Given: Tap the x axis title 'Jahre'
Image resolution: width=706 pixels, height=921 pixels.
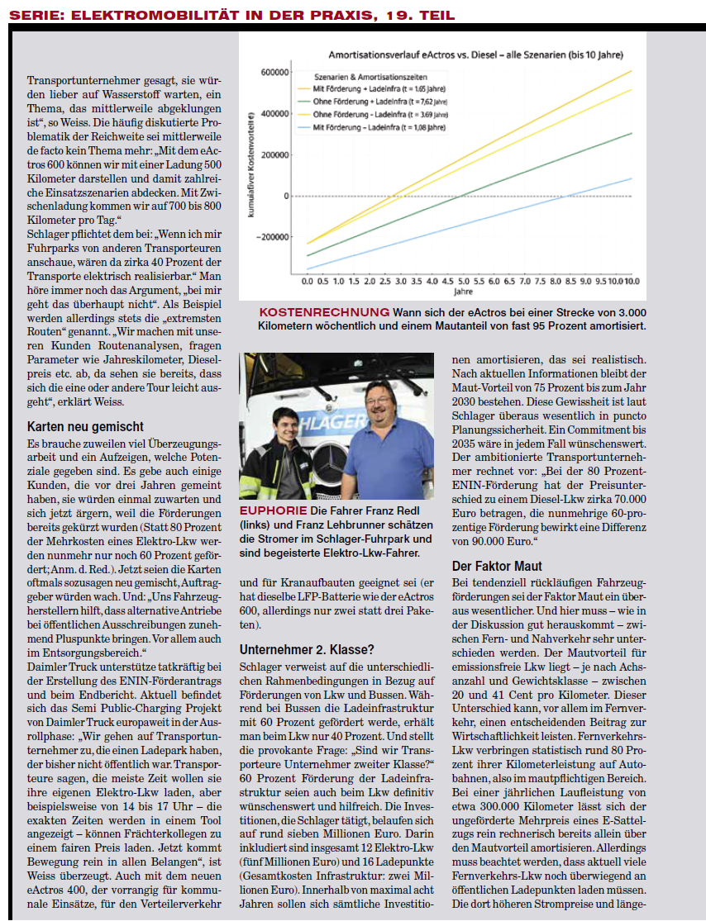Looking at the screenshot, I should click(463, 292).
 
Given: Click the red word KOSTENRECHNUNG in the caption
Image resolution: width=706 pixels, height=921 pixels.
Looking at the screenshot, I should click(323, 312).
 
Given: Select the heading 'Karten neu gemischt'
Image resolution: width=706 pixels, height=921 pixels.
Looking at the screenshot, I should click(85, 427).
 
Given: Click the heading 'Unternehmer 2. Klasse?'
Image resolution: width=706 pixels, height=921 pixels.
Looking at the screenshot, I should click(306, 648).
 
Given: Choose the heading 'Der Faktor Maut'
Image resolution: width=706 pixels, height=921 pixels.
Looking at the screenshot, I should click(497, 566).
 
